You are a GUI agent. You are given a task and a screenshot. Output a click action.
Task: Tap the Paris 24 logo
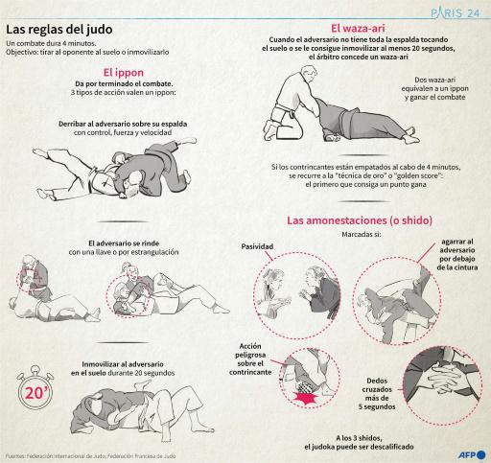point(452,13)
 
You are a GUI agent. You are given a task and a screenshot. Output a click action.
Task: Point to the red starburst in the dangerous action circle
point(309,396)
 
